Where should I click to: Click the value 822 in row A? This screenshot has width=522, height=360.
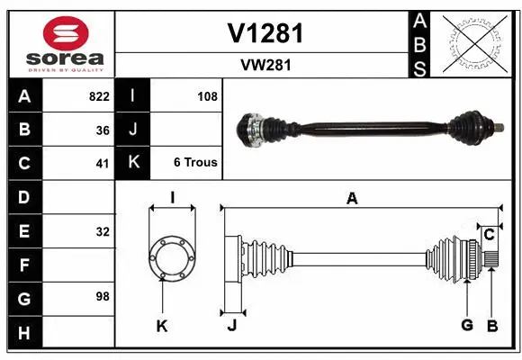[x=99, y=96]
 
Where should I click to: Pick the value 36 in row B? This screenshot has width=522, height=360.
[x=103, y=130]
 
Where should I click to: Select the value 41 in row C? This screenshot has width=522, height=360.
[x=103, y=164]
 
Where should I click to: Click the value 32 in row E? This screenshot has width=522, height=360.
[x=103, y=231]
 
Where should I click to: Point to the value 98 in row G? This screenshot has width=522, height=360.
[x=103, y=295]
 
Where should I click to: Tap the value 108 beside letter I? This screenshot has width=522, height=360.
[x=207, y=96]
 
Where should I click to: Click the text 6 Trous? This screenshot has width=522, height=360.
[x=195, y=163]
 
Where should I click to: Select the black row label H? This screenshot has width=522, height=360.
[x=23, y=334]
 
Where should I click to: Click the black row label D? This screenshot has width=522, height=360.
[x=23, y=197]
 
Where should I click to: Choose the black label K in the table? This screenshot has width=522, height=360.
[x=133, y=163]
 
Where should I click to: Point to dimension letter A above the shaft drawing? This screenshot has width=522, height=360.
[x=352, y=199]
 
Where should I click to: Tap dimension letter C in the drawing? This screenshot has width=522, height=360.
[x=489, y=234]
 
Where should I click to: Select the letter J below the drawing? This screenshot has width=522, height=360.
[x=231, y=326]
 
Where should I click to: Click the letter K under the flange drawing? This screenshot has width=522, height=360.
[x=162, y=326]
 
